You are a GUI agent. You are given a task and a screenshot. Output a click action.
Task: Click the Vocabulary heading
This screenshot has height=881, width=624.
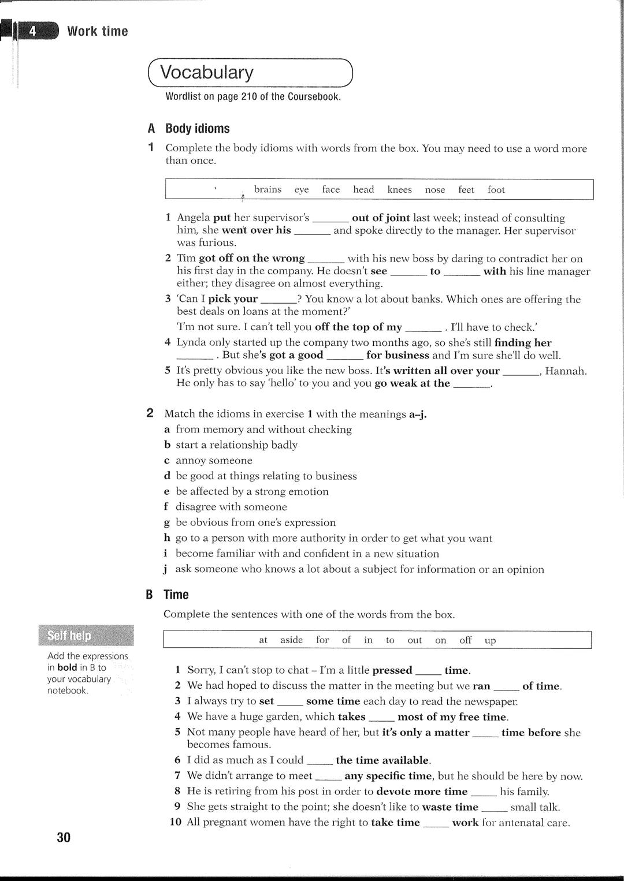[x=207, y=73]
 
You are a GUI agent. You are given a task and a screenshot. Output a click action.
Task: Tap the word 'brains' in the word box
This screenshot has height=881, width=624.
[x=268, y=189]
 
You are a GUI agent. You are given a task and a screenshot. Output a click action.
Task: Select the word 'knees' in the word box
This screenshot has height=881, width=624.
[x=399, y=189]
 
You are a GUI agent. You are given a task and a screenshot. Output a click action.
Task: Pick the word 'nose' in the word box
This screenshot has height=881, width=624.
[x=435, y=190]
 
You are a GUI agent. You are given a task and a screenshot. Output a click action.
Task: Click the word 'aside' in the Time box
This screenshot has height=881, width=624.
[x=291, y=640]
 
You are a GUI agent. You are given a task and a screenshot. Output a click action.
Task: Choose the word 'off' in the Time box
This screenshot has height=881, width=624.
[x=465, y=640]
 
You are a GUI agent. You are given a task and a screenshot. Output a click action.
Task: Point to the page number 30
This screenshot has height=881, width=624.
[x=64, y=837]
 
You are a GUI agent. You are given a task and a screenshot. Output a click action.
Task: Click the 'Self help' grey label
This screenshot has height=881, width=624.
[x=69, y=636]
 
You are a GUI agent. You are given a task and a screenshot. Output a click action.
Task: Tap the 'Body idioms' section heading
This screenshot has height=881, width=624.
[x=198, y=129]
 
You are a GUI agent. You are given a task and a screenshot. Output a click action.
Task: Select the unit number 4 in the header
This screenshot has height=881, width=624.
[x=33, y=31]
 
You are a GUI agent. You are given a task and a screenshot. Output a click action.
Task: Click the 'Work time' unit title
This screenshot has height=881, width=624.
[x=98, y=31]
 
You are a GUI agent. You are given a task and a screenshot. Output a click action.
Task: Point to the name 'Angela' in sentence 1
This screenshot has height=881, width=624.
[x=194, y=218]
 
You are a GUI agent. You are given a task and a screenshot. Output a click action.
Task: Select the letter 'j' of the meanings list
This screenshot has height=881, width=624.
[x=166, y=569]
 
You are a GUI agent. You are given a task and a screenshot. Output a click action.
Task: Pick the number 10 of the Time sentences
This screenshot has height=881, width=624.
[x=176, y=822]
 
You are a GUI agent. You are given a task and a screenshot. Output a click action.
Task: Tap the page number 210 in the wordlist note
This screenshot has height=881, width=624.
[x=249, y=97]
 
